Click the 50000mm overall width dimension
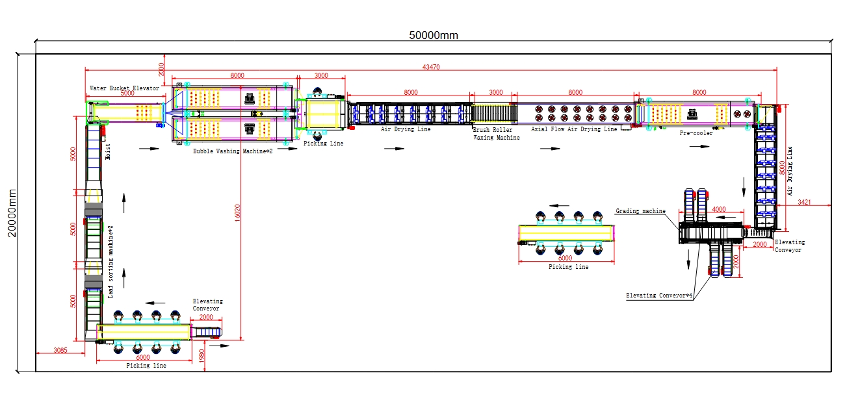(433, 35)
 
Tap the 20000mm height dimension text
(12, 214)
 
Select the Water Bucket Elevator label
(124, 88)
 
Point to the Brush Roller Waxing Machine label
(496, 134)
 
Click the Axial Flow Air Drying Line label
(574, 129)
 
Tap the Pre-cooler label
(696, 133)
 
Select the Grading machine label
(640, 211)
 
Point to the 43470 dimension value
(430, 66)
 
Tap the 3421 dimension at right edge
(803, 203)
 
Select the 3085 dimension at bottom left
(60, 351)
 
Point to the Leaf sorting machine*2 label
(111, 262)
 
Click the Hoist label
(108, 151)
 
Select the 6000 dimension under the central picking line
(566, 258)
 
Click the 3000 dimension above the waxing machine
(495, 93)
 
